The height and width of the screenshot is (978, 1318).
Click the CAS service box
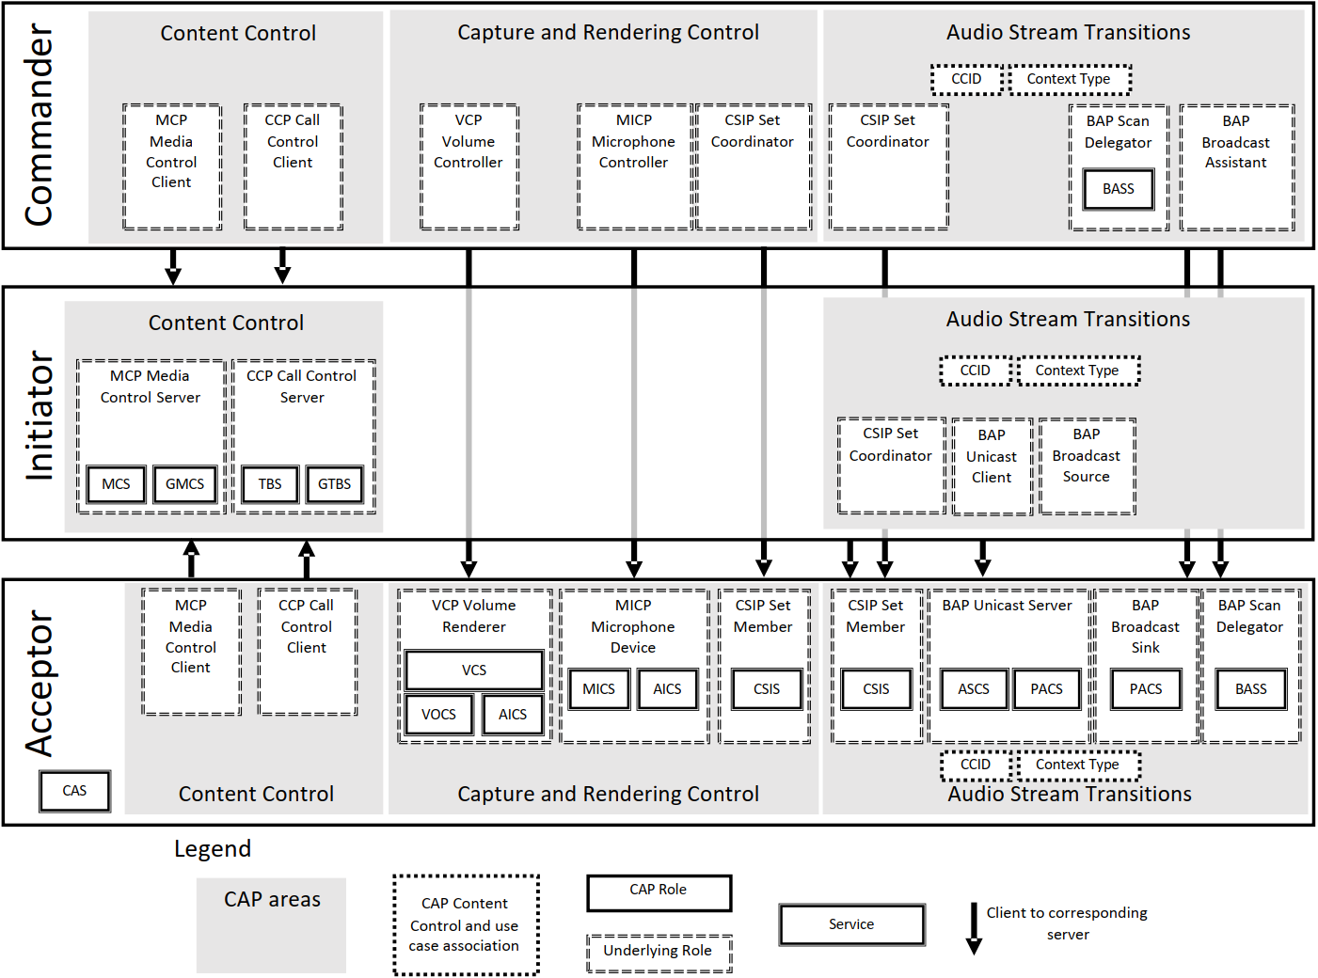point(74,791)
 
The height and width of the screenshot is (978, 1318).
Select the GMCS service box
point(184,484)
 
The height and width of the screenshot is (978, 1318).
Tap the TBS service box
point(270,484)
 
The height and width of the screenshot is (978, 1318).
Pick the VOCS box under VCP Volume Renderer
point(438,715)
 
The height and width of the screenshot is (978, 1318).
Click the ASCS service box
point(974,689)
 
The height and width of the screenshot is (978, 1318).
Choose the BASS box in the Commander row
point(1118,189)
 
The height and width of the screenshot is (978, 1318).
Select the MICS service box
point(598,689)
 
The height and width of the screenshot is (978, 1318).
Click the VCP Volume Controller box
point(468,166)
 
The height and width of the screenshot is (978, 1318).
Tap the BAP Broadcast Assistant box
point(1236,166)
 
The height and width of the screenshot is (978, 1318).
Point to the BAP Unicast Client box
point(992,466)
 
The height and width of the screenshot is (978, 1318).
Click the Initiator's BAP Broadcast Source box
point(1087,465)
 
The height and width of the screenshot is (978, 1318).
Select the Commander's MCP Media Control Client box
point(172,166)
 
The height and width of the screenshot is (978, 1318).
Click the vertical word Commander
point(39,125)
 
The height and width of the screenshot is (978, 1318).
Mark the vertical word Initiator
point(39,415)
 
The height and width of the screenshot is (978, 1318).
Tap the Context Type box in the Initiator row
point(1077,371)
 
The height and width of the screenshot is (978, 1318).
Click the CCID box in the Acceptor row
point(976,765)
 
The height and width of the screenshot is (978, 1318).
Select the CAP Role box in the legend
point(659,892)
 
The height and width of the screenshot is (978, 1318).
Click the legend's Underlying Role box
point(659,953)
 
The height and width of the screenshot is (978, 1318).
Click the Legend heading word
point(213,849)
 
